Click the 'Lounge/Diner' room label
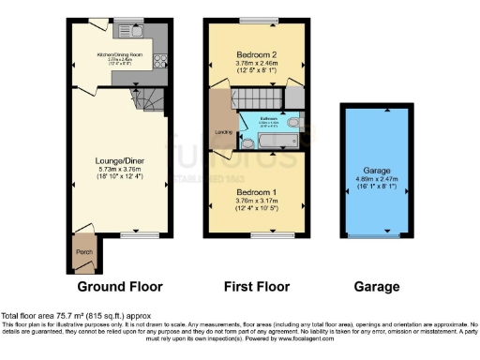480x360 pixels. [119, 159]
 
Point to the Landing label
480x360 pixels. [223, 131]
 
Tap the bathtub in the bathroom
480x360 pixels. [271, 142]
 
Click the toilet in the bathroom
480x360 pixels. [293, 123]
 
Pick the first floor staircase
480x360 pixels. [256, 97]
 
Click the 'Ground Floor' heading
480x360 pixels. [119, 286]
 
